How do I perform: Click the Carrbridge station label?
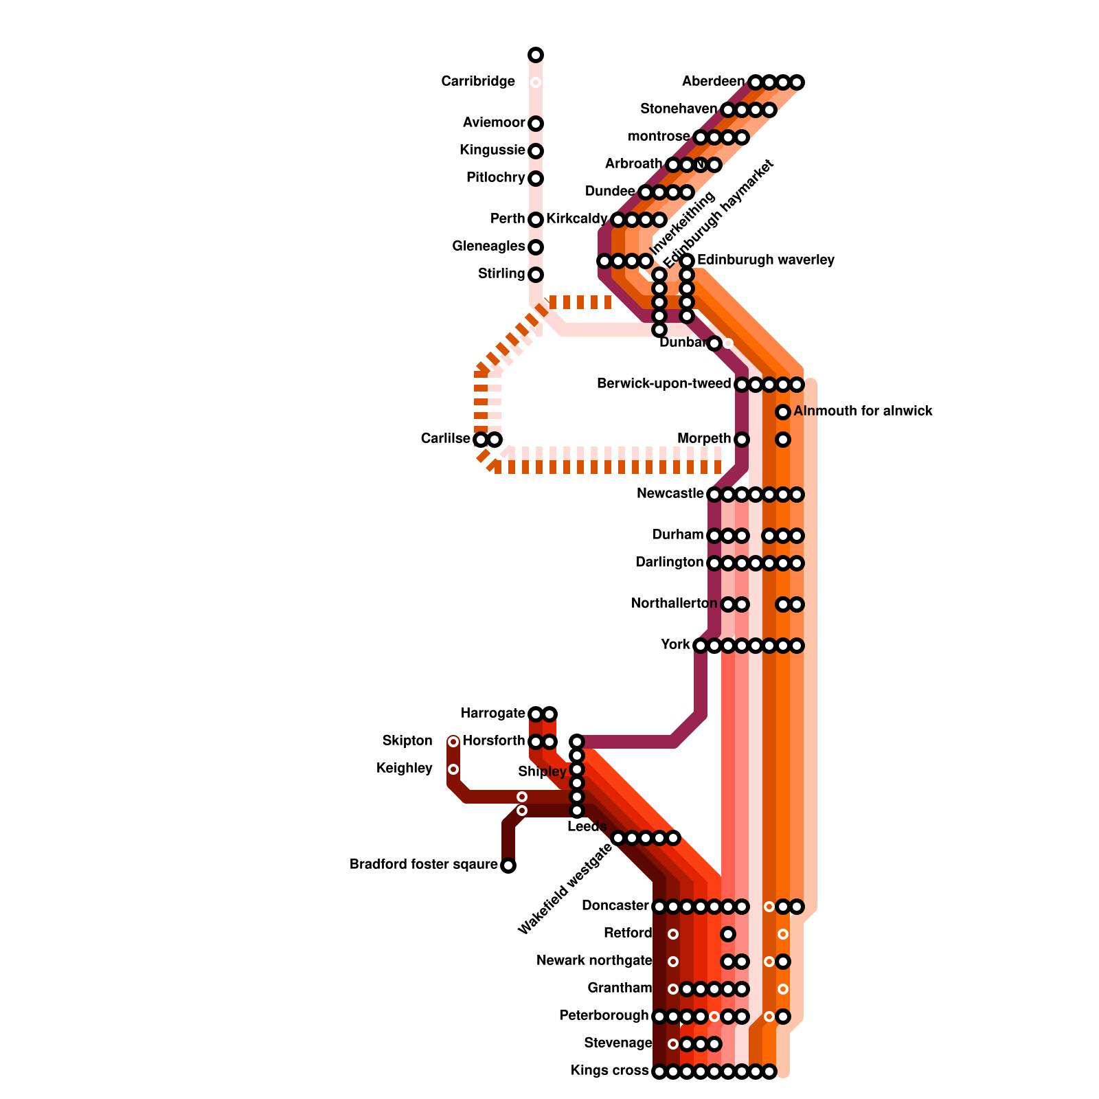477,82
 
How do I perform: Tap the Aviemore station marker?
536,124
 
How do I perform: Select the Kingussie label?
492,150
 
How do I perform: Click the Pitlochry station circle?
536,179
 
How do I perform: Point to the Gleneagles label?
489,246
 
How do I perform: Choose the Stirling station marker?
536,275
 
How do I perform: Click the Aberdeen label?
713,82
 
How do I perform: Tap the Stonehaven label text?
679,109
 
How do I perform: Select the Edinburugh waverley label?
765,260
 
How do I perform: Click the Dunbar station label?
682,343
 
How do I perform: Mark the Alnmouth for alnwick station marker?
783,412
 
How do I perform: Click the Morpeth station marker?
742,440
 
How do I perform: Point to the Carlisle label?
445,439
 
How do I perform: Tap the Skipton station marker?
453,742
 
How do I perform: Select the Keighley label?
404,769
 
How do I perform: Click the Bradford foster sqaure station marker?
508,865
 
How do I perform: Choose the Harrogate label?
492,714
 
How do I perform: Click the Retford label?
627,933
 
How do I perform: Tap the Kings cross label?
609,1071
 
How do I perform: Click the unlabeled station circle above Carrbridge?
536,55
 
